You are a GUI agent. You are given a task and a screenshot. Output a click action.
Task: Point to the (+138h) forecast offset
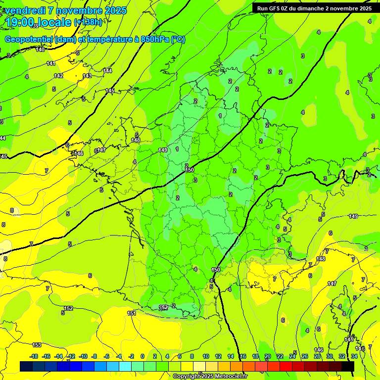click(88, 22)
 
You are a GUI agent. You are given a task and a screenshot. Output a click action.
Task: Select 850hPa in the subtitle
click(154, 40)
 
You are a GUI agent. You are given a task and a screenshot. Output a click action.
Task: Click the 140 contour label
click(40, 49)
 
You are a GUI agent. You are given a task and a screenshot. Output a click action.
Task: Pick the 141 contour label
click(51, 63)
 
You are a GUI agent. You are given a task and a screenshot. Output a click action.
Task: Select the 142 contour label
click(58, 76)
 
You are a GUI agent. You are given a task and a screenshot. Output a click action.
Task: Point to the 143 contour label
click(87, 76)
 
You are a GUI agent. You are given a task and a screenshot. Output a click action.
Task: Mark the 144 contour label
click(108, 71)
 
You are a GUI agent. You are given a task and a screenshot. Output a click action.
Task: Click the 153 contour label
click(37, 345)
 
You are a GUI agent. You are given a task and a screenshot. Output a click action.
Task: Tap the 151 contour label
click(132, 313)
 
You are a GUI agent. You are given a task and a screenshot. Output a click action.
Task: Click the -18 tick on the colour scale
click(34, 356)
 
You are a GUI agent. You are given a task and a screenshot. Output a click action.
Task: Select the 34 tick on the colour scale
click(354, 356)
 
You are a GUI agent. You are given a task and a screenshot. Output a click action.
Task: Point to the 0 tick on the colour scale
click(142, 356)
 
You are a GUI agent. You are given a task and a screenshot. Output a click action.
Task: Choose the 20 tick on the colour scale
click(268, 356)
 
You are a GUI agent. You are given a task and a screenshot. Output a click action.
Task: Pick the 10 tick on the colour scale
click(205, 356)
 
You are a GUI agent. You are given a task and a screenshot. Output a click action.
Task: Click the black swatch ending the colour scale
click(348, 366)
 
